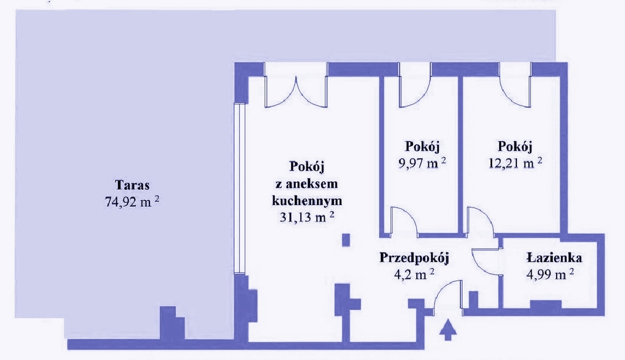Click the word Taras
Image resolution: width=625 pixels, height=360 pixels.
click(x=132, y=185)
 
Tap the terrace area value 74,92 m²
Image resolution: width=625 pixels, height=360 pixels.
click(x=132, y=201)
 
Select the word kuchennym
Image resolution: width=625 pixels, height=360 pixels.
click(x=306, y=200)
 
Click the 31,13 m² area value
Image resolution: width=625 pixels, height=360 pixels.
click(x=306, y=217)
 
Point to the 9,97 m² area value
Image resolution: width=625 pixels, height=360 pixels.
click(x=422, y=163)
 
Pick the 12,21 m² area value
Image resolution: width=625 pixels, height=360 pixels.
click(x=515, y=163)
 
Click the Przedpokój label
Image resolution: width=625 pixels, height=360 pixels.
click(x=414, y=257)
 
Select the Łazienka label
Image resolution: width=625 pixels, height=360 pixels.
click(x=554, y=257)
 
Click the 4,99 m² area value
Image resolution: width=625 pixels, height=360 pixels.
click(x=550, y=275)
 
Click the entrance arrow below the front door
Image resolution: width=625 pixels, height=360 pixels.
click(x=448, y=329)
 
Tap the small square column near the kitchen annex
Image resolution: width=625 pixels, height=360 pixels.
click(x=346, y=240)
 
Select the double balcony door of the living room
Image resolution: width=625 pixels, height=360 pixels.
click(x=296, y=91)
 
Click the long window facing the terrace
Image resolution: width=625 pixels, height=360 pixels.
click(x=239, y=189)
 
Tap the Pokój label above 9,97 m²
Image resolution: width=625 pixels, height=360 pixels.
click(x=422, y=146)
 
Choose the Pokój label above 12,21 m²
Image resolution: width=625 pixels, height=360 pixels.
click(x=515, y=146)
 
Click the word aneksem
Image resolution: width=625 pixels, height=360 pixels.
click(x=307, y=184)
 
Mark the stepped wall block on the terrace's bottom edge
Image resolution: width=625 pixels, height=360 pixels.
click(x=172, y=323)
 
